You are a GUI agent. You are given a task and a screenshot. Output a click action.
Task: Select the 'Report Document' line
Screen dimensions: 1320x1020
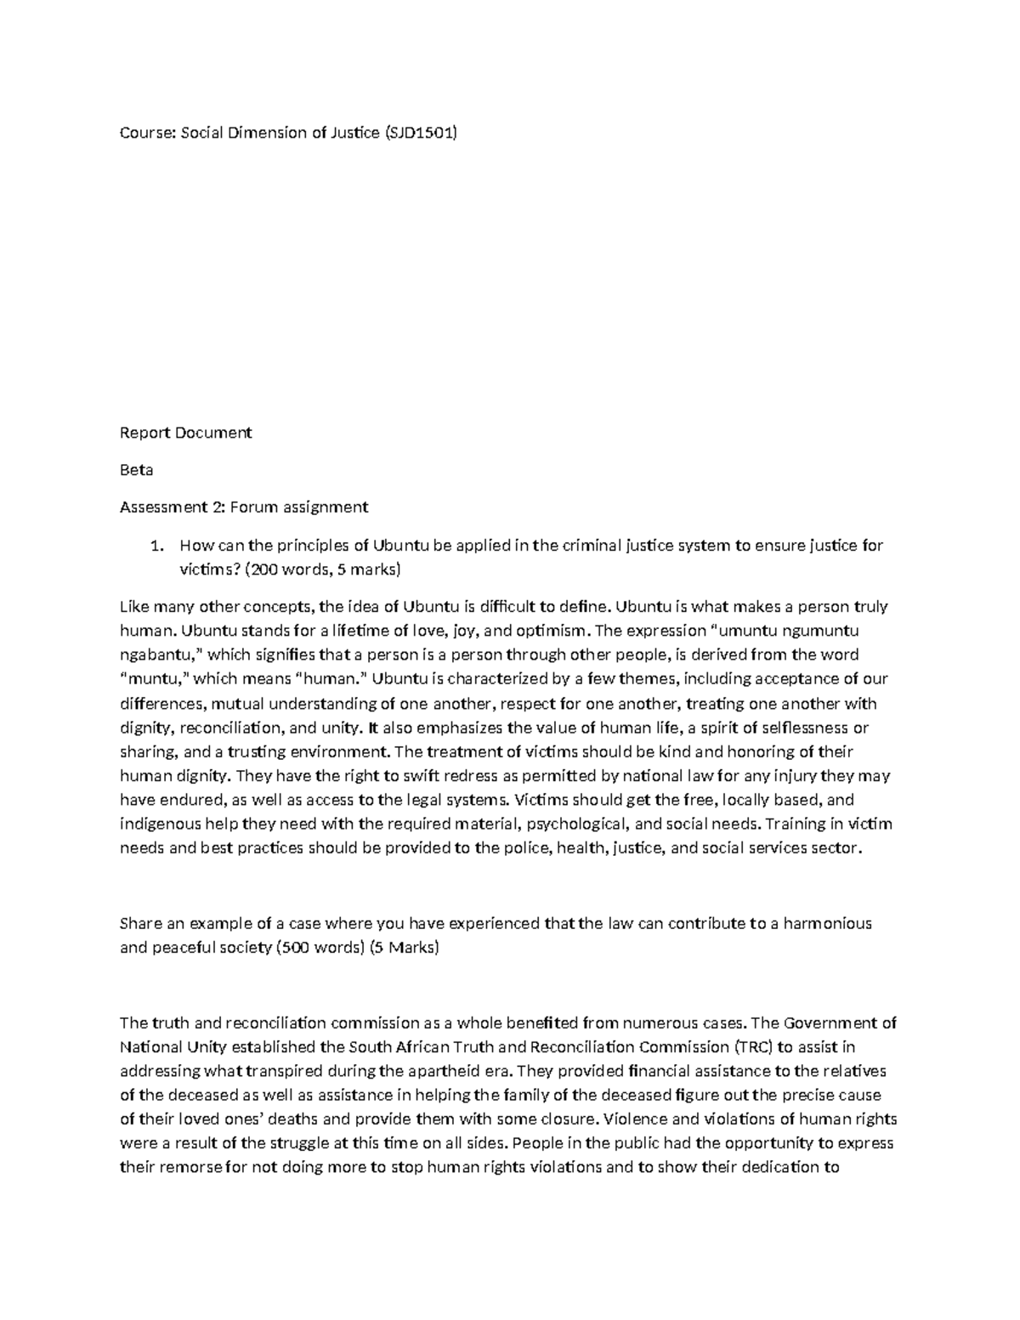185,433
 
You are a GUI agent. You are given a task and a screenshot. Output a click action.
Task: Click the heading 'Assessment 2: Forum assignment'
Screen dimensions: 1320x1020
243,507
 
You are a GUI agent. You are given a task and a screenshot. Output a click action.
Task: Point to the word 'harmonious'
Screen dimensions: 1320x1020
828,923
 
